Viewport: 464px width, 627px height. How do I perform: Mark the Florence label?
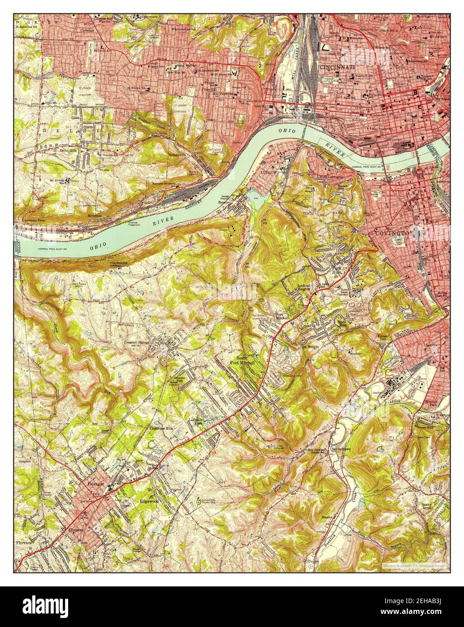coord(24,542)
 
